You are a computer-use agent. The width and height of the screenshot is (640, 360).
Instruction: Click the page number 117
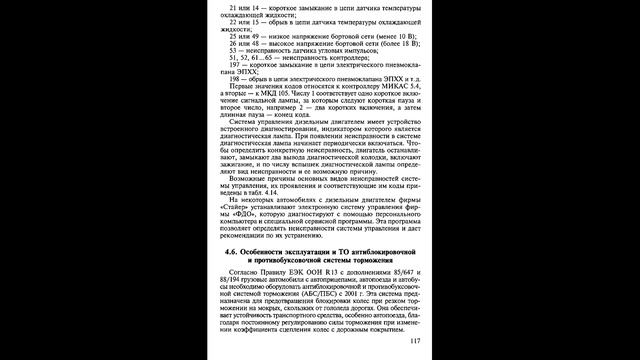418,340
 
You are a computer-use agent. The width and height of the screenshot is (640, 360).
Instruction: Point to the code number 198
235,75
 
